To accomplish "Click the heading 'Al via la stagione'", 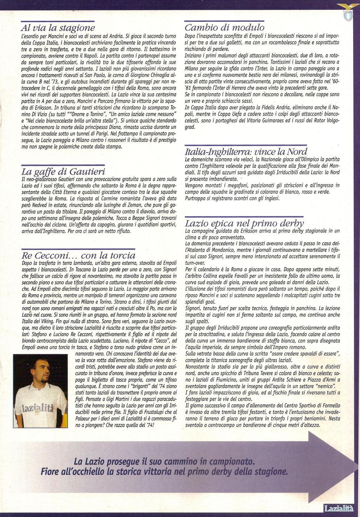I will (58, 28).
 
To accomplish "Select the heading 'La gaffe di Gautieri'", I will (63, 172).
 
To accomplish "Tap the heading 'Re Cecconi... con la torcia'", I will (78, 255).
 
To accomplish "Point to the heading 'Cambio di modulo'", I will (224, 28).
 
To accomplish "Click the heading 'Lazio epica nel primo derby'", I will (244, 223).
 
